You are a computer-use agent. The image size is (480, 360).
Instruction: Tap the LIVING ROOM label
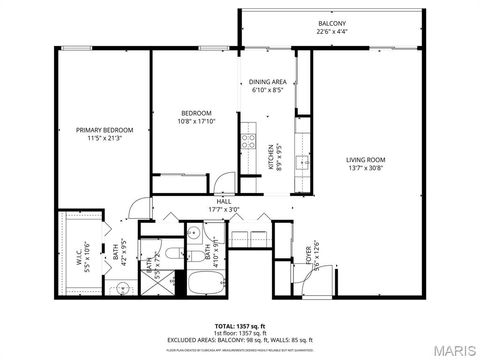(366, 159)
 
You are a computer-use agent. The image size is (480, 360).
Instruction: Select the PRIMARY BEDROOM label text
(105, 130)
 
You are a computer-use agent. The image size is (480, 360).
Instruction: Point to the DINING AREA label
(268, 82)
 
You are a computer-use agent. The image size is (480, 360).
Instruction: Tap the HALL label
(223, 201)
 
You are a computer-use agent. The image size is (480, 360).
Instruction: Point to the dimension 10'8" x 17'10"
(196, 121)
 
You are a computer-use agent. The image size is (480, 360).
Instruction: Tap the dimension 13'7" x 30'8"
(366, 167)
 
